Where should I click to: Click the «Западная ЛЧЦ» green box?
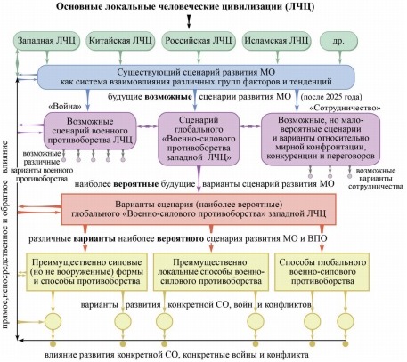47,41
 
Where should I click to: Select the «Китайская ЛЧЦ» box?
120,41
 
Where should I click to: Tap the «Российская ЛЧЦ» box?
199,41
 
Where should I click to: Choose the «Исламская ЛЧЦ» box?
277,41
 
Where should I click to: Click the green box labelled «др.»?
338,41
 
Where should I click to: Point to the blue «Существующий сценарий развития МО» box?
196,76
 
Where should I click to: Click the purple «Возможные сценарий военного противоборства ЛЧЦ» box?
90,131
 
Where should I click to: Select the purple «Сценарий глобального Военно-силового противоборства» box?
199,139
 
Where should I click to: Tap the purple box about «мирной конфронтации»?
321,139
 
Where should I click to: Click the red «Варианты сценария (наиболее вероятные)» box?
199,209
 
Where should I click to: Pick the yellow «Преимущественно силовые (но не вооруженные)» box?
86,271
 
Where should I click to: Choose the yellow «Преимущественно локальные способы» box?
211,271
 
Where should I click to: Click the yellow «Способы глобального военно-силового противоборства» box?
322,271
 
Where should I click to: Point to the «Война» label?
65,106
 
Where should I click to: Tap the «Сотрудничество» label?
345,108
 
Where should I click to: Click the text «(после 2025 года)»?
331,97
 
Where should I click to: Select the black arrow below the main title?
189,22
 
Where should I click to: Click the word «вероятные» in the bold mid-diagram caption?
136,184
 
